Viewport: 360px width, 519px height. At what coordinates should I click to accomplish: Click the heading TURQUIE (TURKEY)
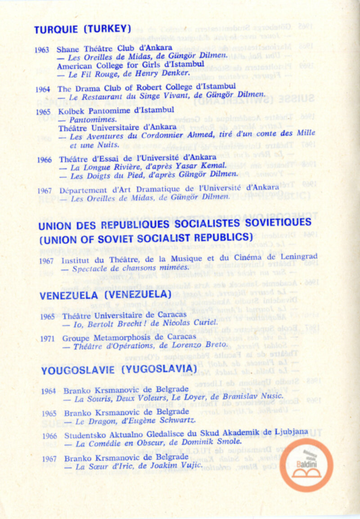point(82,30)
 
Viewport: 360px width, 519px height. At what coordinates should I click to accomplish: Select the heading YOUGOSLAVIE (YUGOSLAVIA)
point(119,370)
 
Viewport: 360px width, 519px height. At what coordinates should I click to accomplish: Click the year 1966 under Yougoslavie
point(49,436)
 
